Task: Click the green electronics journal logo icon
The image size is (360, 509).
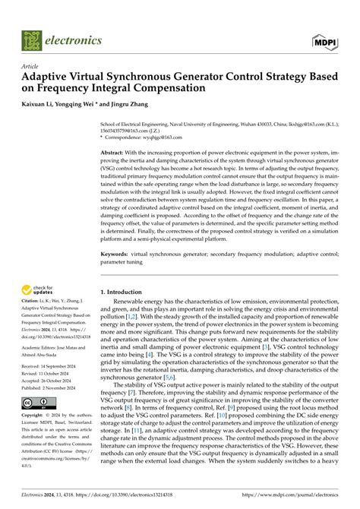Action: tap(33, 40)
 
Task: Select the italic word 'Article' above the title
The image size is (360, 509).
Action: tap(30, 66)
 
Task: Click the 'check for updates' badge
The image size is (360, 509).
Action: tap(41, 268)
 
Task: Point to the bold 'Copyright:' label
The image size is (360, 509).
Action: tap(36, 416)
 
